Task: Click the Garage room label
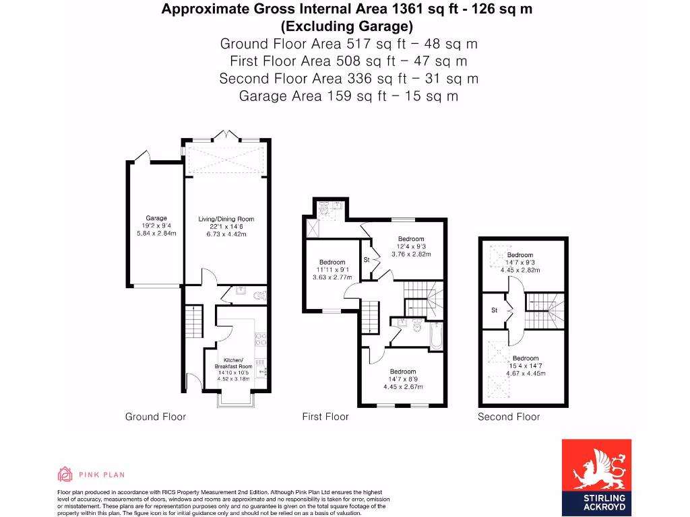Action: pyautogui.click(x=156, y=218)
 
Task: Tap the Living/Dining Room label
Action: pyautogui.click(x=226, y=219)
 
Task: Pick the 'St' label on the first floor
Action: pyautogui.click(x=367, y=260)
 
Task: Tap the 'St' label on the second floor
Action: pyautogui.click(x=494, y=310)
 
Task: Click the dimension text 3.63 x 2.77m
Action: pyautogui.click(x=332, y=277)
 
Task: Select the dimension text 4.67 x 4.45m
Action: pyautogui.click(x=526, y=374)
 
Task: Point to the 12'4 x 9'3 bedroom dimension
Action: pyautogui.click(x=410, y=246)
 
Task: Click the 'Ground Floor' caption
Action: pyautogui.click(x=155, y=417)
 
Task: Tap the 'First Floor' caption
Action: pyautogui.click(x=325, y=417)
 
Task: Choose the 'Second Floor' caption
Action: pyautogui.click(x=509, y=417)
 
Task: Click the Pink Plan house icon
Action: pyautogui.click(x=65, y=474)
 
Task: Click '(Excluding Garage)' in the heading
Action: pyautogui.click(x=346, y=27)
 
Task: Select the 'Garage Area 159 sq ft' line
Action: pyautogui.click(x=348, y=96)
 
